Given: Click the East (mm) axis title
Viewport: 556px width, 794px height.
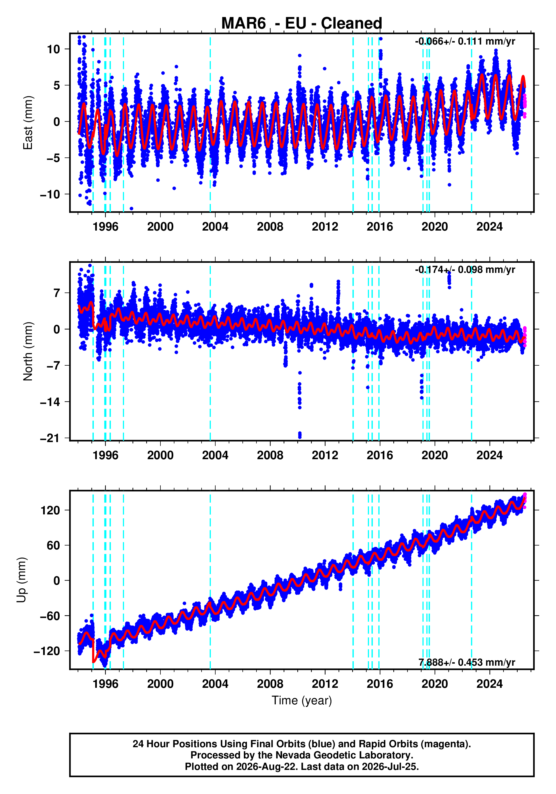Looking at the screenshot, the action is (x=28, y=123).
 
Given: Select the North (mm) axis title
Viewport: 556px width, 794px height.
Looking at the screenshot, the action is (x=28, y=351).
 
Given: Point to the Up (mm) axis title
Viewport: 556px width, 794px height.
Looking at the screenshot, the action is (x=22, y=580).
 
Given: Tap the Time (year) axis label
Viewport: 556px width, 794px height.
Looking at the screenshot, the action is (x=302, y=700).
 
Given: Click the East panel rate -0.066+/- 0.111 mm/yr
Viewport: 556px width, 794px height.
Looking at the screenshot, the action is (x=465, y=41).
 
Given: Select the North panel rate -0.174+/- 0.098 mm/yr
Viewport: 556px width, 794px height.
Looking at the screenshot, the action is (x=465, y=270).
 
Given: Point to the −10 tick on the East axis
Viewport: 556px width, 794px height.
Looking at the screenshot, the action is (x=50, y=194).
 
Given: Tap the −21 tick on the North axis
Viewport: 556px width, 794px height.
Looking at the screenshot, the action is (x=50, y=438).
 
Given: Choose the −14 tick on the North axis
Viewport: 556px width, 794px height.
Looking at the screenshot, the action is (x=50, y=402).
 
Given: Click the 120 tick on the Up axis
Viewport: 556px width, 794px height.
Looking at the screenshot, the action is (x=50, y=510).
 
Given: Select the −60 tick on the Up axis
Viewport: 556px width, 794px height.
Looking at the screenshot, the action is (x=50, y=616).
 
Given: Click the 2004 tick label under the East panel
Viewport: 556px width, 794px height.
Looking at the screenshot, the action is (x=215, y=227).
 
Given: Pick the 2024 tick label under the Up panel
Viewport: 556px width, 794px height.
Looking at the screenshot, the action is (x=489, y=684).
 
